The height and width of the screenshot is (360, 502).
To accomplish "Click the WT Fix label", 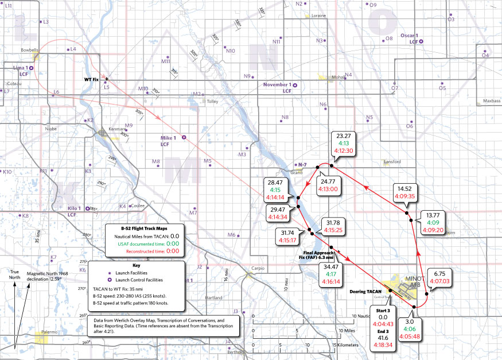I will coord(92,79).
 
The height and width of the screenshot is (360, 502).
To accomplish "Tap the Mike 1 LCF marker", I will coord(184,138).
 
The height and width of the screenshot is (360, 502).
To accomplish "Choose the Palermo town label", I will coord(50,331).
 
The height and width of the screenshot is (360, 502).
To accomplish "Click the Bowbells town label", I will coord(29,50).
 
